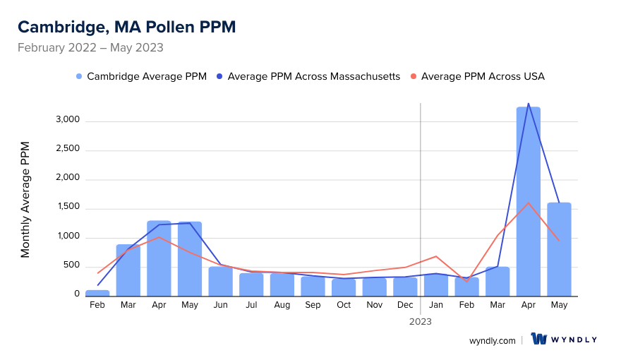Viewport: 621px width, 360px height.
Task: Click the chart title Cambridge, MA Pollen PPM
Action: [x=127, y=27]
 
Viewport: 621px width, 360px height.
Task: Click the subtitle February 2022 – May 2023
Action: [x=90, y=48]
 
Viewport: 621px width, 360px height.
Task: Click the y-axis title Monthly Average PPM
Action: [x=25, y=200]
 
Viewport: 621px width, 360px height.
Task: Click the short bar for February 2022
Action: [x=97, y=292]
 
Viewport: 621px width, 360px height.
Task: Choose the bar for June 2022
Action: [x=220, y=280]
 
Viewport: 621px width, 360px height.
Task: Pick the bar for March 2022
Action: [x=128, y=270]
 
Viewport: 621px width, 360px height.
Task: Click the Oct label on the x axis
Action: [x=344, y=305]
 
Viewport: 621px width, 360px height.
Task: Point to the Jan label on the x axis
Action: [x=436, y=305]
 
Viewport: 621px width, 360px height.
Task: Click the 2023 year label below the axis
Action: [x=421, y=321]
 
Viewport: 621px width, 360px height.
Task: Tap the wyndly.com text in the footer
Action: [x=493, y=340]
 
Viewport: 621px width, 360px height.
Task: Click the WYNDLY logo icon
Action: [x=539, y=340]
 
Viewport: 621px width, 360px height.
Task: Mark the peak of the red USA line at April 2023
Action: [x=529, y=203]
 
